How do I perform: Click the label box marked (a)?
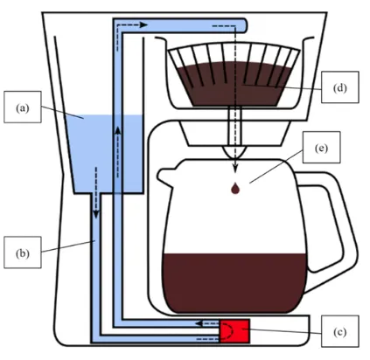pos(23,107)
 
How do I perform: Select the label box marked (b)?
pos(23,253)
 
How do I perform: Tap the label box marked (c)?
pos(340,331)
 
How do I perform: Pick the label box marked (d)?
pos(340,87)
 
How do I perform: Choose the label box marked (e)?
pos(321,147)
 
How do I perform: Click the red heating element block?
pos(234,331)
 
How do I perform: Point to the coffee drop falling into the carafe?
pos(235,188)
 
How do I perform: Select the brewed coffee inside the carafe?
pos(234,282)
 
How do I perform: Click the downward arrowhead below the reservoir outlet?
pos(96,215)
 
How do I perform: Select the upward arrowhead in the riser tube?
pos(118,130)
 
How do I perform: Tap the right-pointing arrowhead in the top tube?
pos(143,25)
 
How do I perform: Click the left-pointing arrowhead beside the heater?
pos(199,323)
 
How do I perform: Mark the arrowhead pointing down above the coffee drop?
pos(235,169)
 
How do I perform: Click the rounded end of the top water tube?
pos(244,25)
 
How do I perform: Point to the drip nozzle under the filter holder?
pos(234,152)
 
